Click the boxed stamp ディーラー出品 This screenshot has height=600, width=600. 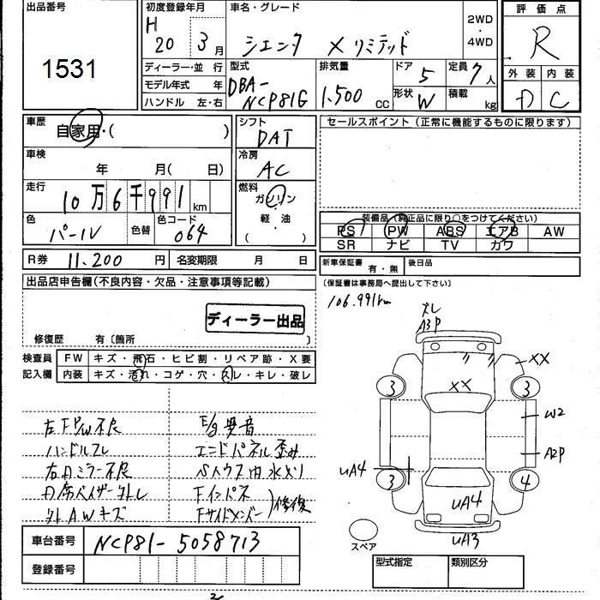tap(255, 321)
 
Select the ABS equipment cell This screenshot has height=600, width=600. tap(450, 231)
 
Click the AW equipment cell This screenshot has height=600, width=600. tap(553, 231)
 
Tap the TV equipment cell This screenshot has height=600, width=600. tap(450, 244)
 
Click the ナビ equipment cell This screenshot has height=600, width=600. tap(396, 244)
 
